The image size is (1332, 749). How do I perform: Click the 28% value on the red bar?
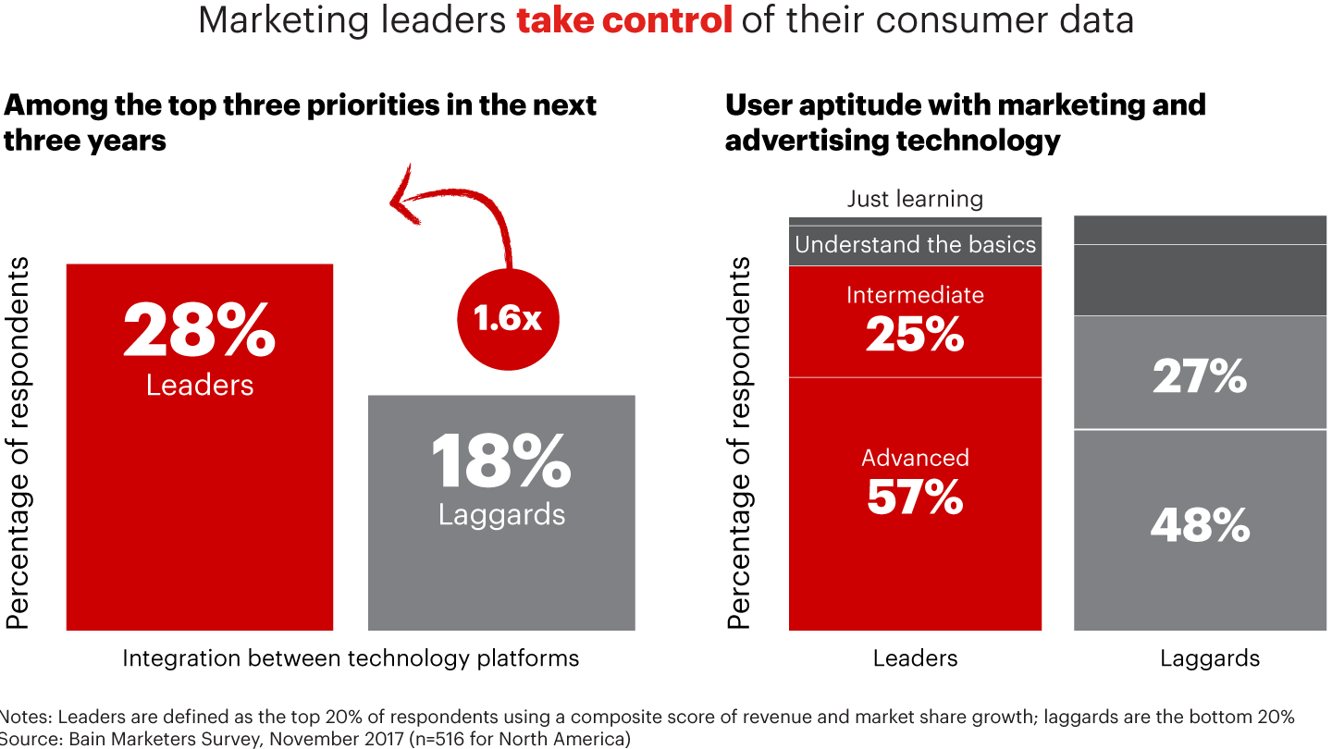click(199, 330)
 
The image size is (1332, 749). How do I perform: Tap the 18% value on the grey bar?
click(501, 461)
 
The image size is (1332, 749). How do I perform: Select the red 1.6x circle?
click(509, 318)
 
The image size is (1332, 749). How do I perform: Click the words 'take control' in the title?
click(624, 20)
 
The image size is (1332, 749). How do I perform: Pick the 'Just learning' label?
click(915, 199)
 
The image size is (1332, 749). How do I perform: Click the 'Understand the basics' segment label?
click(915, 245)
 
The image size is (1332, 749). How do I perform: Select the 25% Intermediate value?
click(915, 335)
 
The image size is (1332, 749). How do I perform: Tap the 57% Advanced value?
click(915, 497)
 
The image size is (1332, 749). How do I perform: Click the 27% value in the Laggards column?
click(1200, 376)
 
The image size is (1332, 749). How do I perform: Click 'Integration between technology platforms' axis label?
click(351, 658)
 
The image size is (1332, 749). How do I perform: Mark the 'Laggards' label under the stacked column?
click(1210, 658)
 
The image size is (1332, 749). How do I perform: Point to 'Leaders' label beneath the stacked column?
click(915, 658)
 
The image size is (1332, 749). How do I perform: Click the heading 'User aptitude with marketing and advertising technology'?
click(965, 122)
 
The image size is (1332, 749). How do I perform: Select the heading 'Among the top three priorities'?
click(300, 122)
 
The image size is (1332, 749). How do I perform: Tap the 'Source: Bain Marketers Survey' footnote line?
click(314, 738)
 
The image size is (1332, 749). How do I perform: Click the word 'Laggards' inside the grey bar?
click(501, 514)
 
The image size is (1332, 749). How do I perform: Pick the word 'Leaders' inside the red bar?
click(199, 384)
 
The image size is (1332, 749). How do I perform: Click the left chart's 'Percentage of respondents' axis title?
click(18, 444)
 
